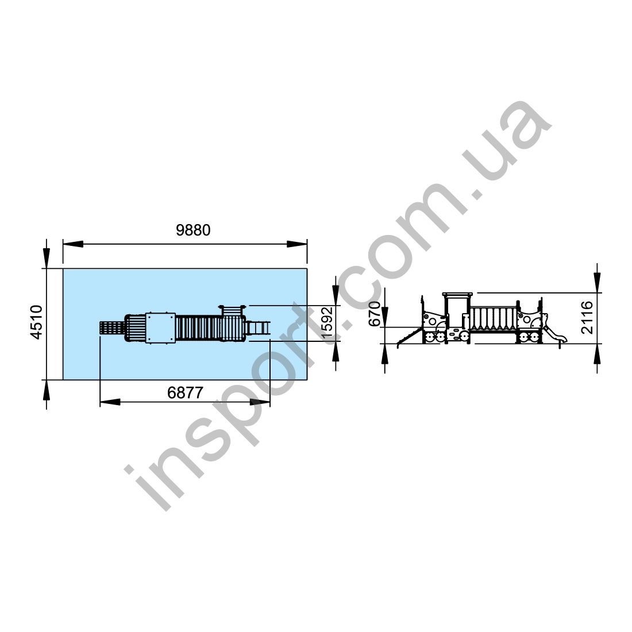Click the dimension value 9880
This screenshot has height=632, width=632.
pos(193,230)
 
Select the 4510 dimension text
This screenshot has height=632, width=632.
pos(37,322)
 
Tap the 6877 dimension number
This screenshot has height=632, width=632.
pos(185,392)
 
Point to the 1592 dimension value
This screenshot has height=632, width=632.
pos(327,322)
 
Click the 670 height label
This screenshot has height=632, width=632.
pos(375,314)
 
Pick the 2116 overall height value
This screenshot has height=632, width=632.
pos(587,317)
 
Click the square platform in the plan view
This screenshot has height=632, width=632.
pos(160,327)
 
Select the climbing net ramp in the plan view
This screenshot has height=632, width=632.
pos(111,327)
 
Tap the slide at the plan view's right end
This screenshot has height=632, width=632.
pos(258,327)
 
